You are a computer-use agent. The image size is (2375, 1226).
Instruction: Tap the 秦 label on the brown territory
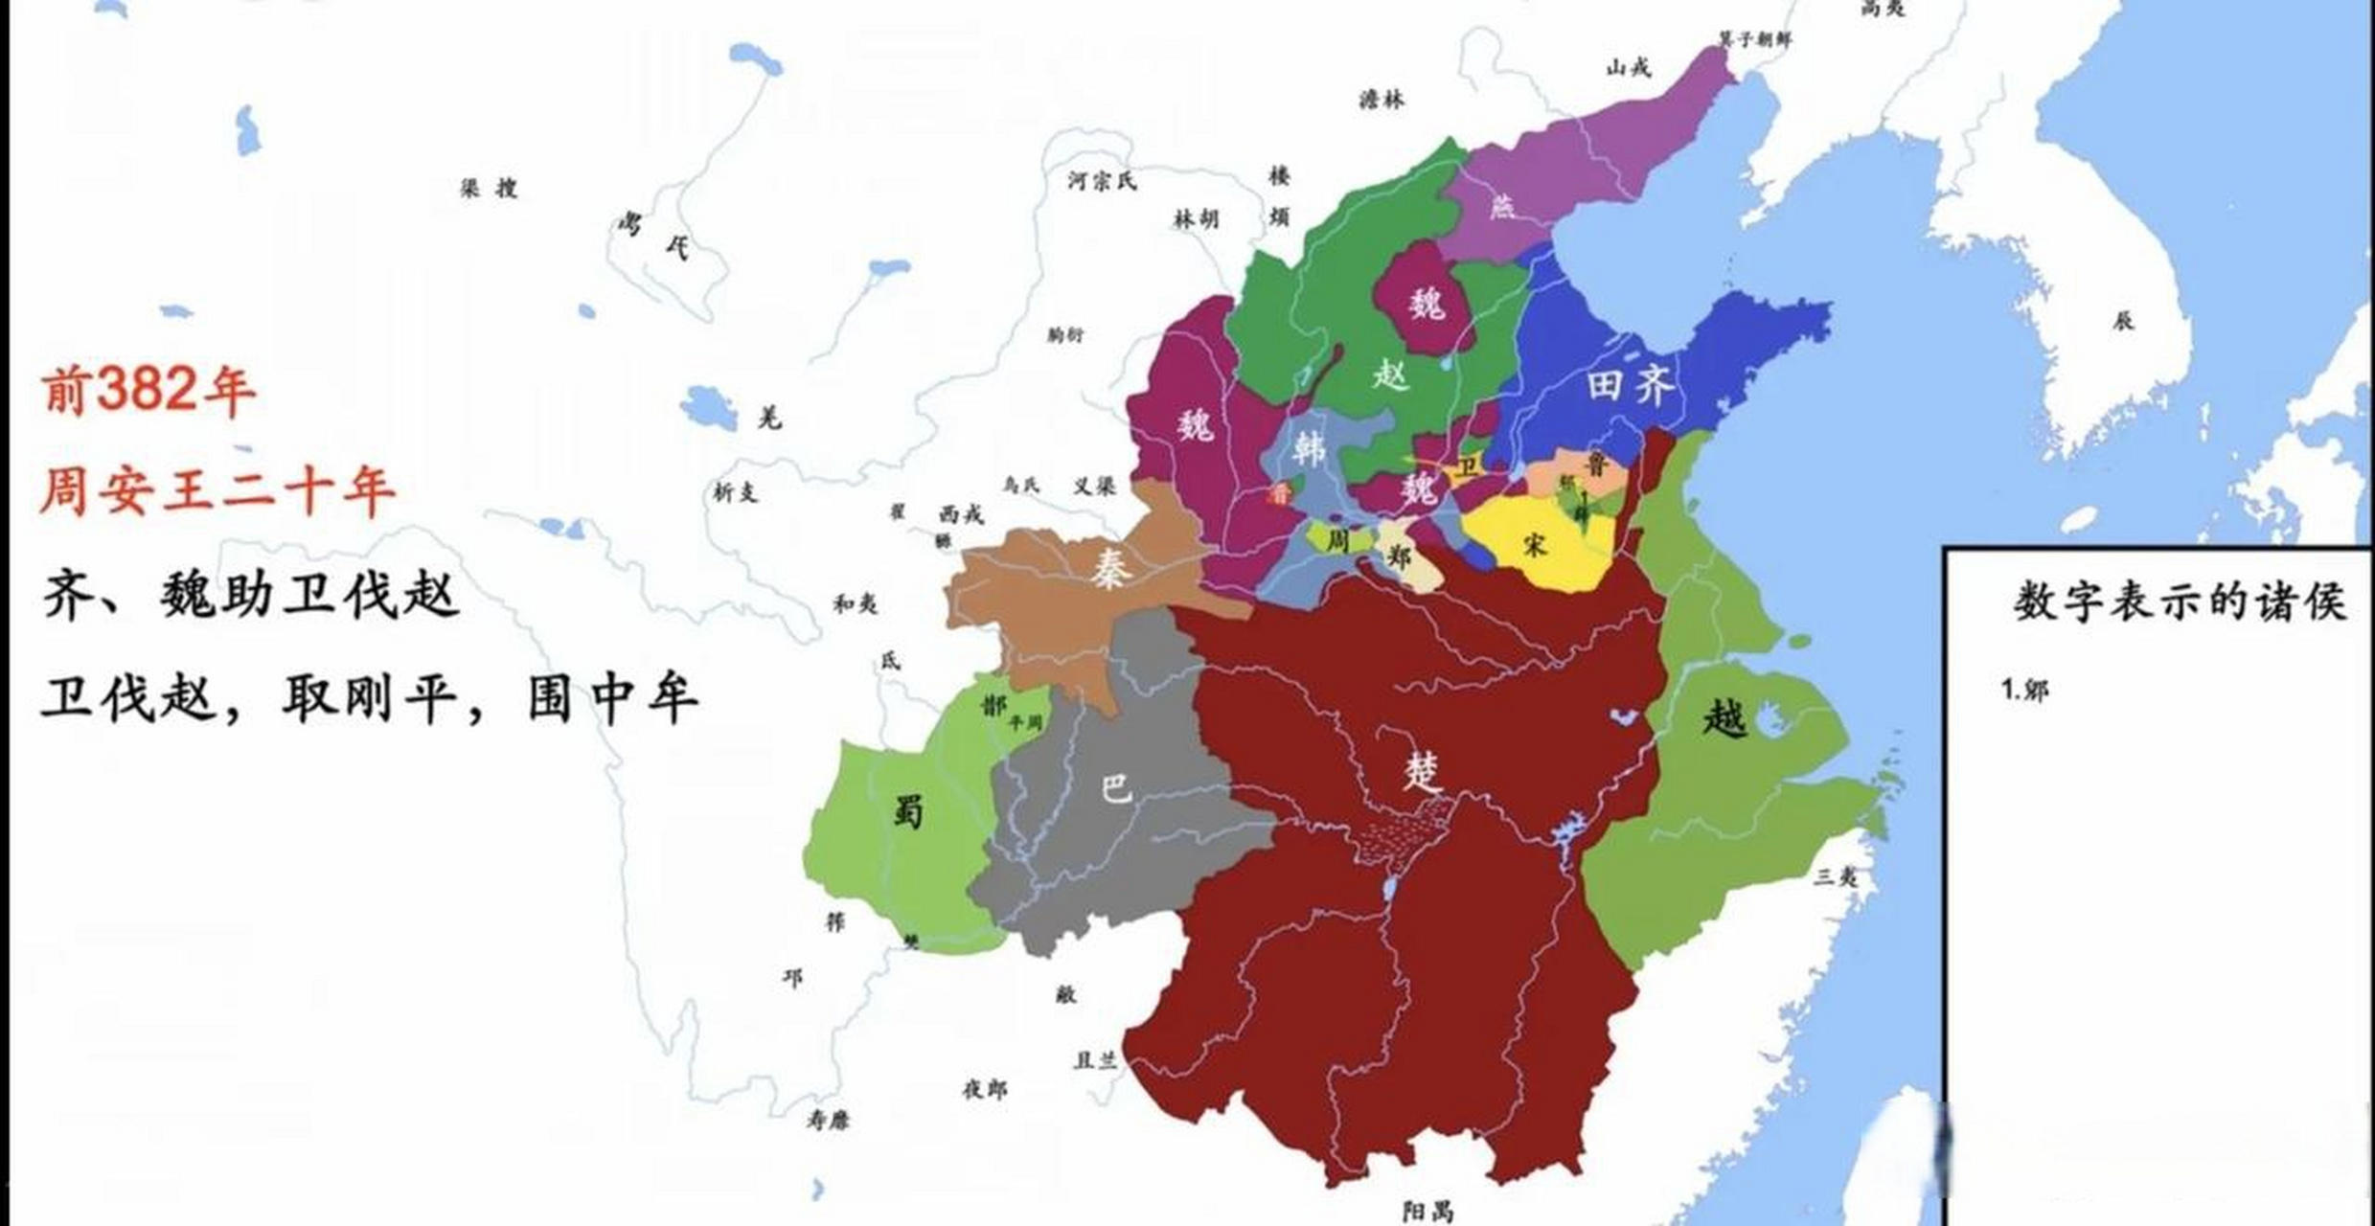(1111, 567)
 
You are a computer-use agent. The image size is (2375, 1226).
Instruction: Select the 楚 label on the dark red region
(1424, 769)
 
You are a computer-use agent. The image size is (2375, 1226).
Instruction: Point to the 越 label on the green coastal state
(1725, 716)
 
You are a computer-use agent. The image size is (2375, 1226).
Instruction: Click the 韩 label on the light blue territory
(1308, 446)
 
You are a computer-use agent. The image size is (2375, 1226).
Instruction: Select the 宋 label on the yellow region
(1534, 544)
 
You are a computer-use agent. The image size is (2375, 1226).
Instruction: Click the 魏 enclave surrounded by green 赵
(1426, 305)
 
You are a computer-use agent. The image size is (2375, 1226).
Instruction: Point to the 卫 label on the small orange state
(1467, 467)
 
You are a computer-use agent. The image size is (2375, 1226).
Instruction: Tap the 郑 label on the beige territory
(1400, 556)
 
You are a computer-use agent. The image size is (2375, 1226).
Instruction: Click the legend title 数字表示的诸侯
(2179, 603)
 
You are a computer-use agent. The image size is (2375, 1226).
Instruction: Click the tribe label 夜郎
(984, 1089)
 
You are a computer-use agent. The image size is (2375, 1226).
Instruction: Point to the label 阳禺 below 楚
(1427, 1212)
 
